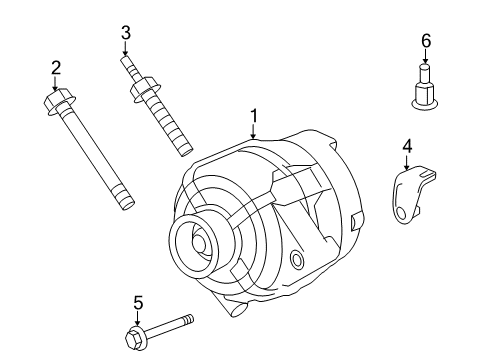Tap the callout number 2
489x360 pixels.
[56, 68]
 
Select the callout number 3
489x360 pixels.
[125, 33]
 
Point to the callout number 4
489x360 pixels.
[407, 147]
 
